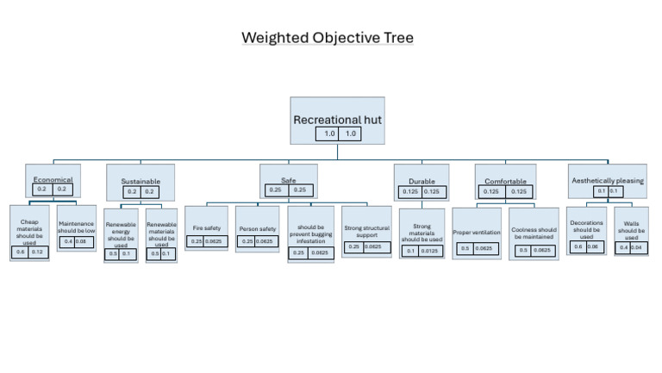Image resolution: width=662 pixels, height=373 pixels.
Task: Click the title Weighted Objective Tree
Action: [x=327, y=38]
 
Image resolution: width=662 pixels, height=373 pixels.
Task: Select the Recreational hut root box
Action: [x=337, y=120]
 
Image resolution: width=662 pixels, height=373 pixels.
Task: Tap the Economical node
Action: [x=53, y=180]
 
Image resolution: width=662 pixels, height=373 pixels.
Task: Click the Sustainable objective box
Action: [x=141, y=182]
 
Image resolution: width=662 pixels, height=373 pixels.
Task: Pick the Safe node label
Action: [x=288, y=180]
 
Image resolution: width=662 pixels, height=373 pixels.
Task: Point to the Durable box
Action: [x=421, y=182]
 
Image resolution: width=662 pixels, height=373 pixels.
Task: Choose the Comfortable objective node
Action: [x=505, y=182]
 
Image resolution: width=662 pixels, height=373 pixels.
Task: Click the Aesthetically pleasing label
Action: [x=608, y=181]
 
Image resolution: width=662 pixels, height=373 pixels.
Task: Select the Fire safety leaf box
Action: [x=206, y=228]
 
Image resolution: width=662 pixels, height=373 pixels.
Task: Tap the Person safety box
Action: [x=257, y=228]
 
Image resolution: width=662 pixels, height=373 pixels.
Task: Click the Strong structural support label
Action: [x=366, y=231]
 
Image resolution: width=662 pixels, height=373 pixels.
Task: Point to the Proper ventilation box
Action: [x=477, y=232]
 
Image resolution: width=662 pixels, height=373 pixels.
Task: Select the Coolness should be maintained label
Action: [x=534, y=233]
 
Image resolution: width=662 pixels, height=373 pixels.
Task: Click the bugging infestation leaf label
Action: [x=311, y=238]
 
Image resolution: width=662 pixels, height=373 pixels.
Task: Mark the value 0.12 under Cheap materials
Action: [x=37, y=252]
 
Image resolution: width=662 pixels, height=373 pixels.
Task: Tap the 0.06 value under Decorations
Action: [x=593, y=246]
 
